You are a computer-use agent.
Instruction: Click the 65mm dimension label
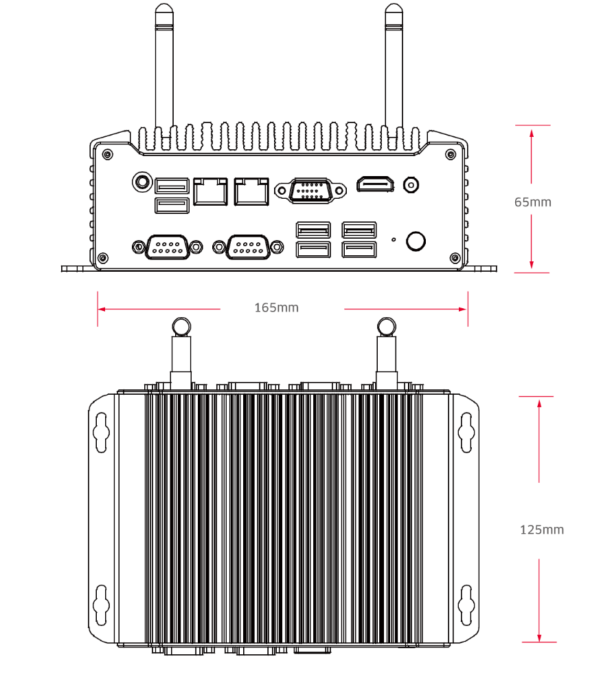532,202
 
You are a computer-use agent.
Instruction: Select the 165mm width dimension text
276,307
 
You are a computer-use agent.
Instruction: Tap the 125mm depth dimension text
541,530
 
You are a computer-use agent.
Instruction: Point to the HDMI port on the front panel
375,184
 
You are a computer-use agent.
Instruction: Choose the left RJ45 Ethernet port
210,191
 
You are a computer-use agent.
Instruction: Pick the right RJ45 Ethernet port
251,191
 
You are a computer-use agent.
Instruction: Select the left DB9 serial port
168,246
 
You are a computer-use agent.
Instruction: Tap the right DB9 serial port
248,246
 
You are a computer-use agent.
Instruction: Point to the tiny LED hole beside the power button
393,239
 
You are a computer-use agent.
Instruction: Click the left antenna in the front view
163,69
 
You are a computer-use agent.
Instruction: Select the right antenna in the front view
393,69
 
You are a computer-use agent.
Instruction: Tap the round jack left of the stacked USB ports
141,182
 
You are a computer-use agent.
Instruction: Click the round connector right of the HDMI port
411,184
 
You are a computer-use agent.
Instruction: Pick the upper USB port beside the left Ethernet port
172,185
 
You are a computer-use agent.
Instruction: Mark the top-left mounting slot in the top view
101,432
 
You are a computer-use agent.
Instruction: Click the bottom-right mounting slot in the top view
467,601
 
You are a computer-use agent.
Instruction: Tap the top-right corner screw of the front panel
451,154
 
